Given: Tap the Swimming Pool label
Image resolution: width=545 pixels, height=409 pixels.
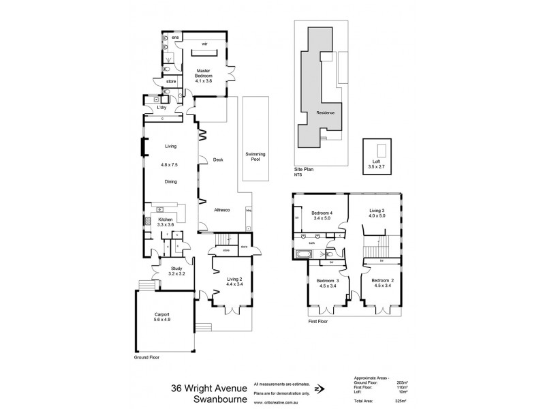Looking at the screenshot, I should [255, 157].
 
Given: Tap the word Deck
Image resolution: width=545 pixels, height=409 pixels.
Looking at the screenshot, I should [218, 160].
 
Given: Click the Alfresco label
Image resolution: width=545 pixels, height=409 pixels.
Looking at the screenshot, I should [221, 209].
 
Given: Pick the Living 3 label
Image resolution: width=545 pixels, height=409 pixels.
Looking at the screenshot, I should [377, 215].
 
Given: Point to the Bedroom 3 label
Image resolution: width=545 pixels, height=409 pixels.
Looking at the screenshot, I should [328, 284].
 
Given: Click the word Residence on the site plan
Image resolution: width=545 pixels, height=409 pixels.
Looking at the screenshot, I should [325, 112].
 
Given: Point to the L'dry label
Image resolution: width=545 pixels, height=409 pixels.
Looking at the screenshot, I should [161, 107].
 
